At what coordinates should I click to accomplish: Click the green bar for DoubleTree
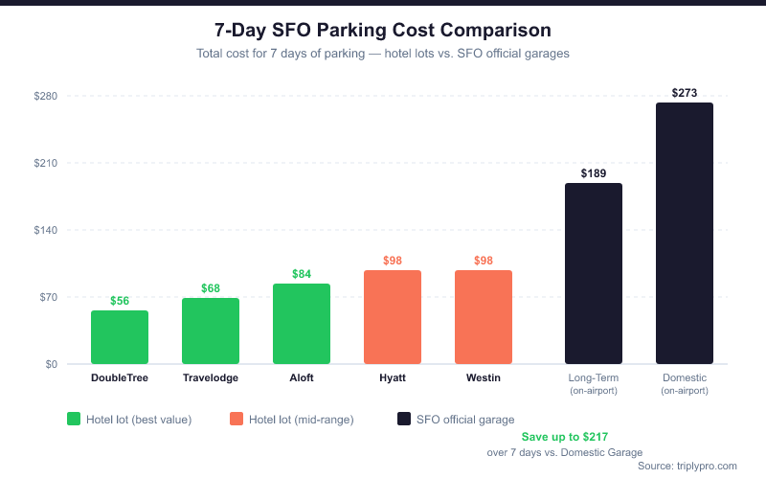120,337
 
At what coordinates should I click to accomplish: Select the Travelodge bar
211,331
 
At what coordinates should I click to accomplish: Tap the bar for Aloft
302,324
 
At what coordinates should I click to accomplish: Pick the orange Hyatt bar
393,317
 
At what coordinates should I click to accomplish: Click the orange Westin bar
484,317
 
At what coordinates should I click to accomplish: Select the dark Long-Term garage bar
594,274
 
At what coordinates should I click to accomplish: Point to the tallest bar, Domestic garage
685,234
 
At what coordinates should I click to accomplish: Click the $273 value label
685,93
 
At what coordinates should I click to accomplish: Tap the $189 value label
594,173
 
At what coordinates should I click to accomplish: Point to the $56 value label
120,301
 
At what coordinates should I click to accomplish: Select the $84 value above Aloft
302,274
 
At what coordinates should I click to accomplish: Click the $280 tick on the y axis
46,96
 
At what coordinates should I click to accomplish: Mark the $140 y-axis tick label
46,230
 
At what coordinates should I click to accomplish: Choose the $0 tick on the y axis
50,364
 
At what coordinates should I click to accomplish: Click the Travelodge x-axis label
211,378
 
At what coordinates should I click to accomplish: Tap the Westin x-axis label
484,378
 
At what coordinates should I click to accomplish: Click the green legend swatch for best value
74,419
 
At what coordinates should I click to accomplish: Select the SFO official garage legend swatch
404,419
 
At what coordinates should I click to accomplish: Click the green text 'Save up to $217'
564,437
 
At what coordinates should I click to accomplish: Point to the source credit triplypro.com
687,466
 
